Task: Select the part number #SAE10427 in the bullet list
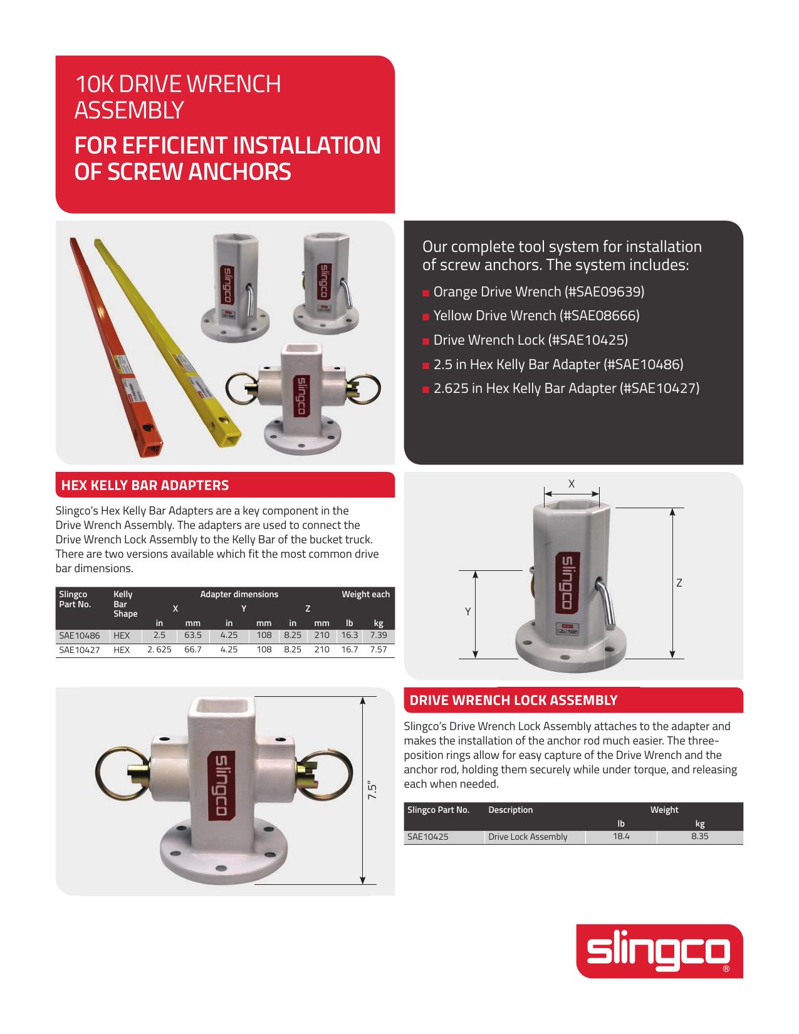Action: point(659,389)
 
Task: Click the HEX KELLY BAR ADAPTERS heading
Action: point(145,485)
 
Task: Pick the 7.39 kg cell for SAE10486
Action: point(379,635)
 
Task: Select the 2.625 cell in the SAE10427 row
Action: point(159,650)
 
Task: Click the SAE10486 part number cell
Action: point(80,635)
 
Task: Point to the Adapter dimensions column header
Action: point(239,594)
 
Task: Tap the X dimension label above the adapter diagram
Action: point(572,484)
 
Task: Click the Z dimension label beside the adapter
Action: point(679,583)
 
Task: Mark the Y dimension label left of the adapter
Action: point(467,612)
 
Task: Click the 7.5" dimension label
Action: point(372,790)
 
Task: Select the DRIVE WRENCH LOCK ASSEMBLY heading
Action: point(513,701)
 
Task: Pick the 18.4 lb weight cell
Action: point(621,837)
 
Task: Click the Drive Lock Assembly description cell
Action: point(528,837)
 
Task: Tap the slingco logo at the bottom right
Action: point(659,951)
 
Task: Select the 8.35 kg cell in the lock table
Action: point(699,837)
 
